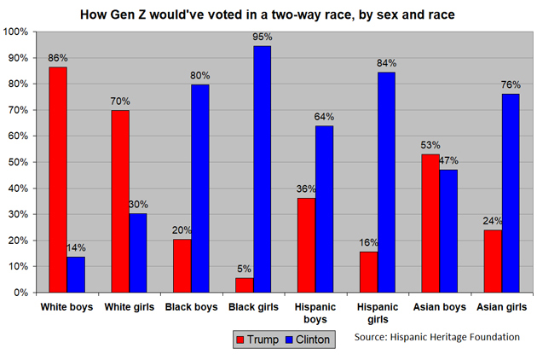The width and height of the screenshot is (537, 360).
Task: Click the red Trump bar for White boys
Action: (x=57, y=179)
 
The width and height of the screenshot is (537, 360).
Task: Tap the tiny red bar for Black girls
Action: (x=245, y=285)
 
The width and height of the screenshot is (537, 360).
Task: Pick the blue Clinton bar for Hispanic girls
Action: (x=386, y=183)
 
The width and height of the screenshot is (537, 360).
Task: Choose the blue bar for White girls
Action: (x=137, y=253)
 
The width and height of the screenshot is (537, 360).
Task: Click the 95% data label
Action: (x=262, y=37)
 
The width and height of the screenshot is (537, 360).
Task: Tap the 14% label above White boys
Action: (x=76, y=247)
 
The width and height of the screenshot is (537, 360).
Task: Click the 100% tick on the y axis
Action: (x=17, y=32)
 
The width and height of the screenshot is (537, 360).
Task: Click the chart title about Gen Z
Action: (x=268, y=15)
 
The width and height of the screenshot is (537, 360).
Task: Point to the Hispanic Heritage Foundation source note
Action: (x=437, y=337)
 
